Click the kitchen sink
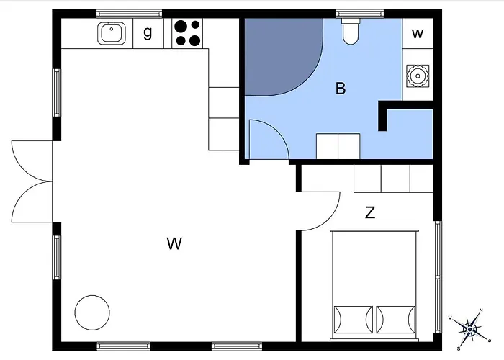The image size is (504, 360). click(111, 33)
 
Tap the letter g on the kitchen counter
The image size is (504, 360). click(148, 33)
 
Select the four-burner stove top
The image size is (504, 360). click(187, 33)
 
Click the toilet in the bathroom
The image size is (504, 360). click(351, 31)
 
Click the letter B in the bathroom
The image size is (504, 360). click(341, 88)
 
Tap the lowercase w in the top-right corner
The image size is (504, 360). click(417, 33)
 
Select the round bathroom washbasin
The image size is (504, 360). click(418, 76)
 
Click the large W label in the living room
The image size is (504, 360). click(174, 243)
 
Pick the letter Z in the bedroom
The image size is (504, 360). click(370, 212)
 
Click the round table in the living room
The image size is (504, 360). click(92, 312)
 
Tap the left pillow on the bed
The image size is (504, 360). click(354, 320)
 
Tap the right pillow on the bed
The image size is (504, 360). click(396, 320)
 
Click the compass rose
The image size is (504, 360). click(469, 329)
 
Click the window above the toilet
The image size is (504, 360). click(360, 14)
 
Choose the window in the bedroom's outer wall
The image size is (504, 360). click(438, 276)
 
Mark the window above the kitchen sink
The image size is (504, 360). click(129, 14)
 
